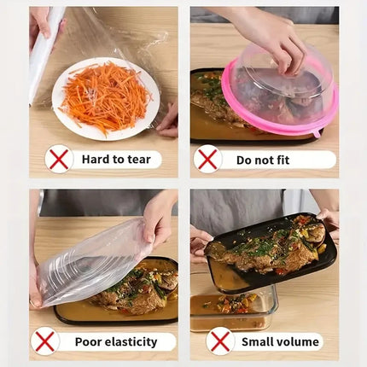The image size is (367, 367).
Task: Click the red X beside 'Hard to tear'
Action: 59,159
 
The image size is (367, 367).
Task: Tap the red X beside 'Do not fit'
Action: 207,159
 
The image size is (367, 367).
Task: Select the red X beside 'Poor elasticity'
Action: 44,341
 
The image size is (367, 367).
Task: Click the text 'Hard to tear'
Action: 115,159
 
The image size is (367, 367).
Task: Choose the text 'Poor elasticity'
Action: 116,341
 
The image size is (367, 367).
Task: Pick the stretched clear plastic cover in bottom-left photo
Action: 90,260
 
